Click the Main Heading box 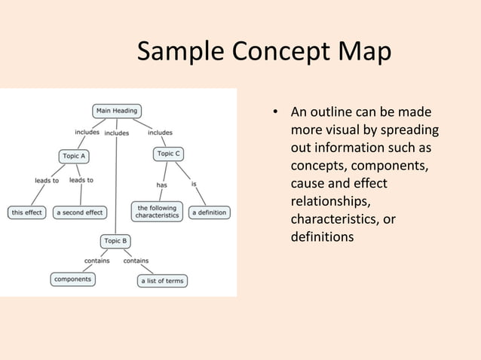[x=116, y=111]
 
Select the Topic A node [x=74, y=156]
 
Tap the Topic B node [x=116, y=241]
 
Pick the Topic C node [x=168, y=154]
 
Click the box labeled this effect [x=26, y=212]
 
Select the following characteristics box [x=157, y=212]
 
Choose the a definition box [x=209, y=212]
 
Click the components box [x=73, y=279]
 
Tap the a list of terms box [x=162, y=281]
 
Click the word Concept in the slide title [x=284, y=53]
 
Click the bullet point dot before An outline [x=276, y=114]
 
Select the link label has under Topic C [x=161, y=185]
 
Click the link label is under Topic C [x=195, y=184]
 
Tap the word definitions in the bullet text [x=322, y=237]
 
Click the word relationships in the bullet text [x=330, y=202]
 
